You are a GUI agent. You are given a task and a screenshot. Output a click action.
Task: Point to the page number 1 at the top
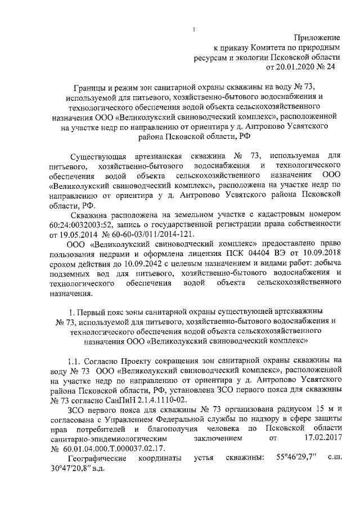[x=193, y=29]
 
